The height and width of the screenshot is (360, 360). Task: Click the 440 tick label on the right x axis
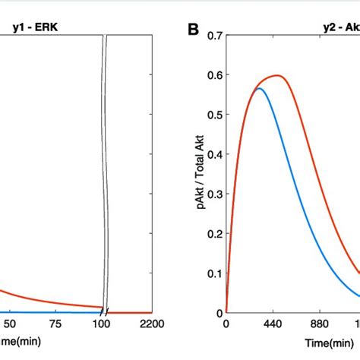click(274, 325)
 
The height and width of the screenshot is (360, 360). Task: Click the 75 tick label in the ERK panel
click(56, 325)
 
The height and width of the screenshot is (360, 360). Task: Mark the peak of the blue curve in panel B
click(260, 89)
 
